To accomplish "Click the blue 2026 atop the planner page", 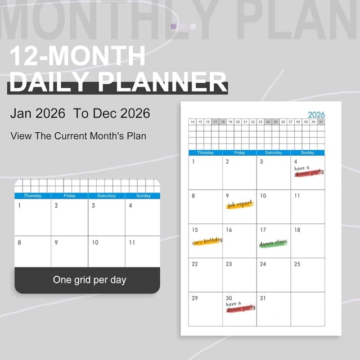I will coord(316,114).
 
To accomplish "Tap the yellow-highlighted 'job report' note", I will coord(240,205).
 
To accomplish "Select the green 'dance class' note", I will coord(273,242).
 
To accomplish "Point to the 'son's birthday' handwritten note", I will coord(207,240).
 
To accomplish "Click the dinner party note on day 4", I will coord(309,170).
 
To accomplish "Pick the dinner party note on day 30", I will coord(241,307).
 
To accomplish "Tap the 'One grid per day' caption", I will coord(89,280).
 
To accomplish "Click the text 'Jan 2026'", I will coord(38,113).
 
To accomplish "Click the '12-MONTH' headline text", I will coord(78,56).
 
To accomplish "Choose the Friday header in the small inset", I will coord(70,196).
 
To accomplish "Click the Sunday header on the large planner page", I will coord(307,152).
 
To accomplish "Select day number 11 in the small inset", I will coord(132,242).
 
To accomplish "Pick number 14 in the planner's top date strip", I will coord(192,121).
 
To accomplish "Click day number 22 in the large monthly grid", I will coord(195,264).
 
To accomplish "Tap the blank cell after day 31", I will coord(307,309).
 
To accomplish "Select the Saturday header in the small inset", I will coord(106,196).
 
